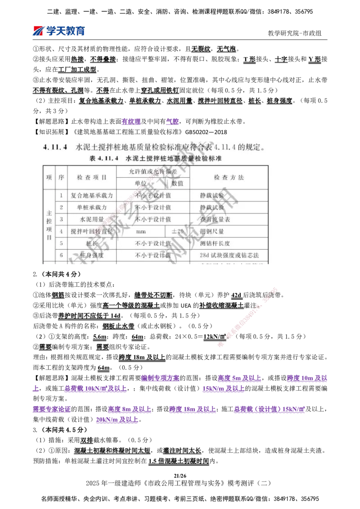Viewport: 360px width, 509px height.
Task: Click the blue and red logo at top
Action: pos(59,31)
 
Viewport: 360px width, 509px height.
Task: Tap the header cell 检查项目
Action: pos(92,178)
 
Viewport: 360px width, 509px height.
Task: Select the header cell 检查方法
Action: pos(229,178)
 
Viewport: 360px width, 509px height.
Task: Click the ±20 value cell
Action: pos(177,231)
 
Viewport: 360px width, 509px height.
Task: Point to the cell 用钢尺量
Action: pos(211,231)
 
